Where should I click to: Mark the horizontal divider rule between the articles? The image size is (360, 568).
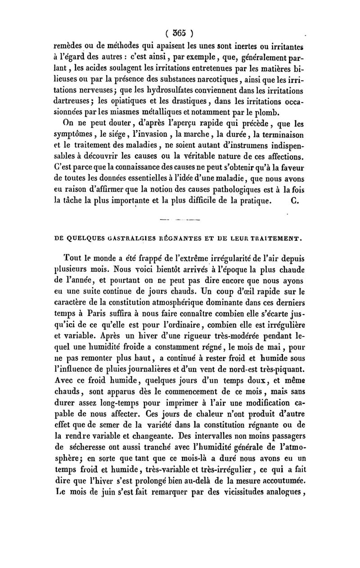(x=180, y=220)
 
